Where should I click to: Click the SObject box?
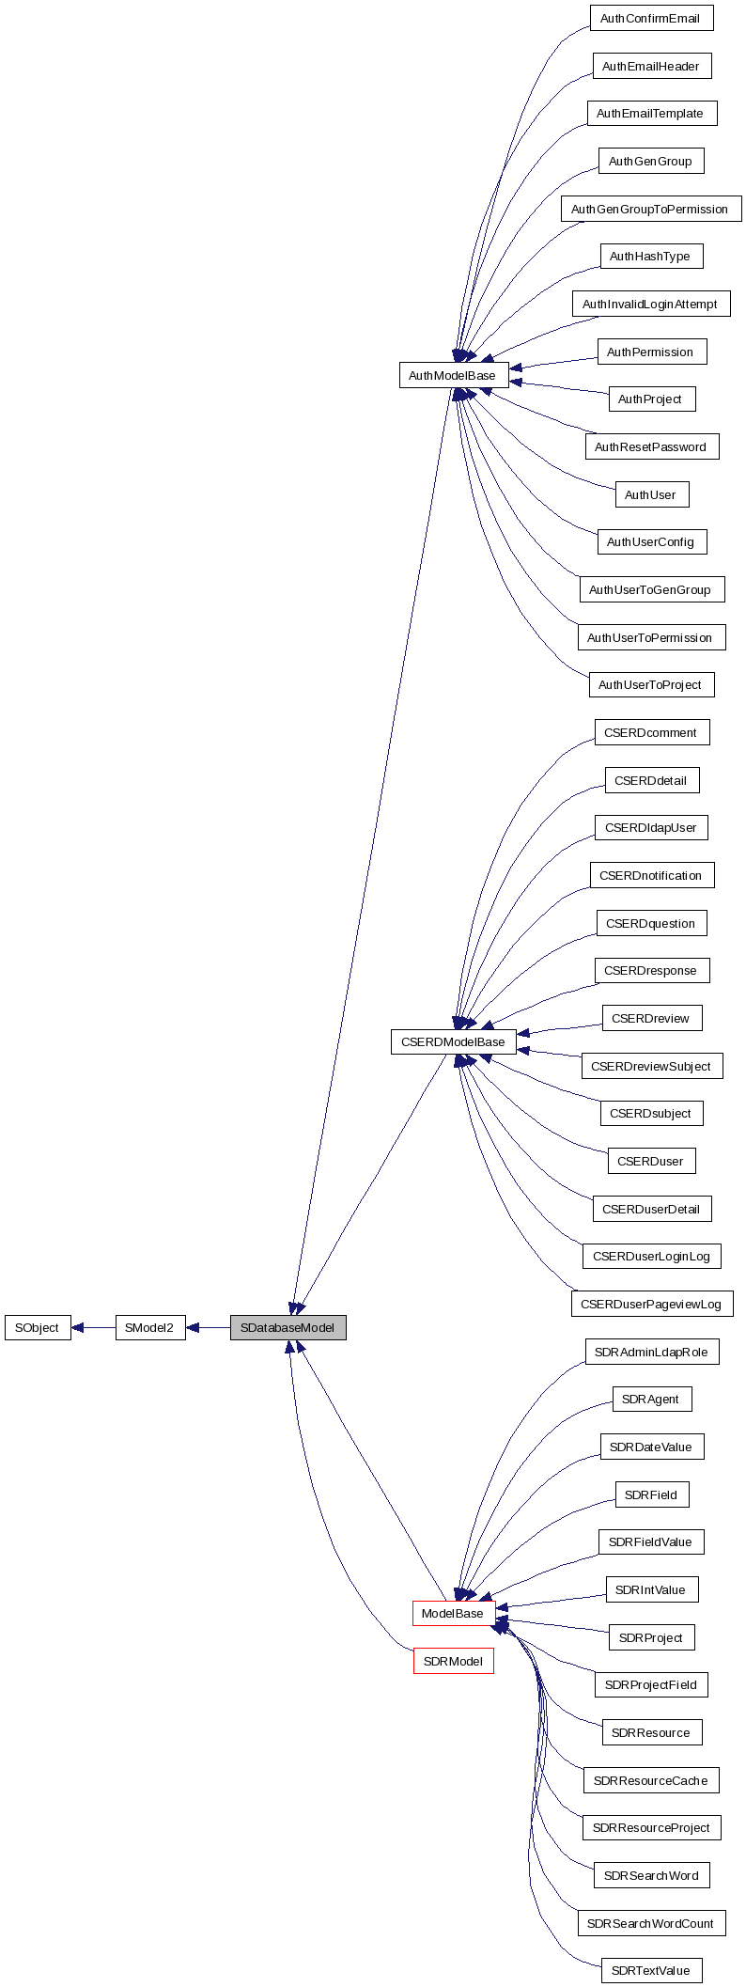pyautogui.click(x=38, y=1327)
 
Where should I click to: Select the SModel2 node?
pyautogui.click(x=149, y=1327)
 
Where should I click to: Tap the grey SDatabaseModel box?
pyautogui.click(x=288, y=1327)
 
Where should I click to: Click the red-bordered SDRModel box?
pyautogui.click(x=453, y=1661)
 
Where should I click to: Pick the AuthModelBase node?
pyautogui.click(x=453, y=375)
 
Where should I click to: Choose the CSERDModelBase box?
pyautogui.click(x=453, y=1041)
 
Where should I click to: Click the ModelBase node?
pyautogui.click(x=453, y=1613)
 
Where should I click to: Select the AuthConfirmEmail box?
pyautogui.click(x=650, y=19)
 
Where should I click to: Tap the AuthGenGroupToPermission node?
pyautogui.click(x=650, y=209)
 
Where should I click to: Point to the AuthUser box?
pyautogui.click(x=650, y=494)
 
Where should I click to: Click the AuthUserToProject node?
pyautogui.click(x=650, y=684)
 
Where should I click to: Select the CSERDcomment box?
pyautogui.click(x=651, y=732)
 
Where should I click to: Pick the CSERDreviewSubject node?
pyautogui.click(x=651, y=1066)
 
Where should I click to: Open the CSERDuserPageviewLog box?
pyautogui.click(x=651, y=1304)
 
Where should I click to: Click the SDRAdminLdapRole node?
pyautogui.click(x=651, y=1352)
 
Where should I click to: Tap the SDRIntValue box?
pyautogui.click(x=651, y=1589)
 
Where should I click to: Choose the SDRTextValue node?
pyautogui.click(x=651, y=1970)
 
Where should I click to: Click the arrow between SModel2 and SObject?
pyautogui.click(x=93, y=1327)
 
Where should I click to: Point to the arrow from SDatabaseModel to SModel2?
pyautogui.click(x=208, y=1327)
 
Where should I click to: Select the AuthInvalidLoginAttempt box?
pyautogui.click(x=650, y=304)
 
